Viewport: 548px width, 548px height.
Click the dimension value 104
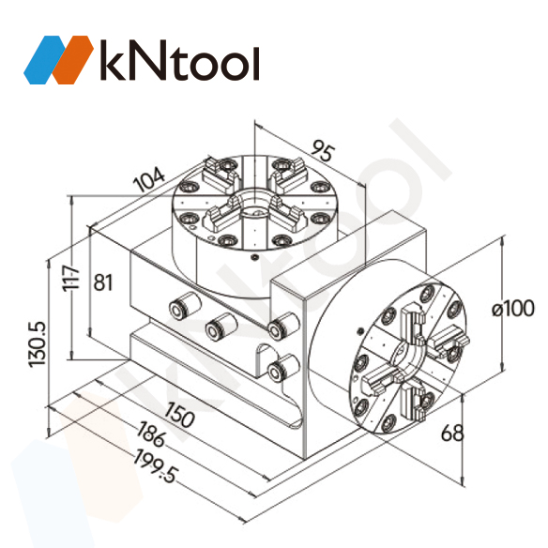(148, 179)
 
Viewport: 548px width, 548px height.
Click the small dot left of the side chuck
(359, 329)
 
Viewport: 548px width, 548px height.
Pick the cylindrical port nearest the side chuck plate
(278, 328)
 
